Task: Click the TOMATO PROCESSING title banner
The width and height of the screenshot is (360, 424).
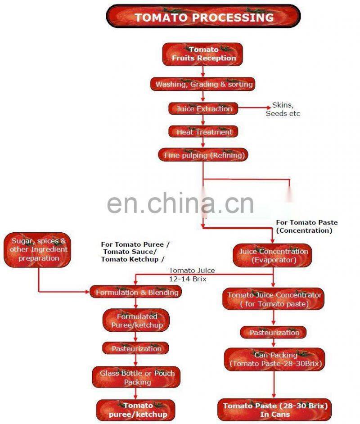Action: point(203,17)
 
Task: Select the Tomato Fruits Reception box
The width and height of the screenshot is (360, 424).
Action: point(203,54)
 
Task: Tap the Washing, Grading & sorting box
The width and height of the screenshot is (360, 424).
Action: point(203,84)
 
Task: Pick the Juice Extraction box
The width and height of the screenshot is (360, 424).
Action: point(203,108)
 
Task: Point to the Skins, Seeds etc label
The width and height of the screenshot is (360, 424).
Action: point(283,109)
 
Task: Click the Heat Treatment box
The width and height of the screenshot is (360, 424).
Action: point(203,132)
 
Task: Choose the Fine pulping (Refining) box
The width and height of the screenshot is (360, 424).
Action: point(203,155)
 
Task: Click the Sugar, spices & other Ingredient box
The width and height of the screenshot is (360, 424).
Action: point(39,250)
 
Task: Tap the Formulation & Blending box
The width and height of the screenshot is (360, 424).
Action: point(136,292)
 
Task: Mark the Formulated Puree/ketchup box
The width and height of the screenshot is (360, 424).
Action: point(136,320)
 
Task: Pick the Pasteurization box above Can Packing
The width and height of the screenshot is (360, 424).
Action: point(274,333)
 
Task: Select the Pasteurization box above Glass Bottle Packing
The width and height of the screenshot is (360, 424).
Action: point(136,348)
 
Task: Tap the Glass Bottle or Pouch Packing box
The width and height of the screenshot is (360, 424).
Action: point(137,377)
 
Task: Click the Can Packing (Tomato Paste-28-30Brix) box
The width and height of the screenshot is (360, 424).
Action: point(274,359)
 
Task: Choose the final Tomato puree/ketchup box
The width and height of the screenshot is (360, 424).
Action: point(137,410)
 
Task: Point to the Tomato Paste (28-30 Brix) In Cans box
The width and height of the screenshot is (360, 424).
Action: point(274,410)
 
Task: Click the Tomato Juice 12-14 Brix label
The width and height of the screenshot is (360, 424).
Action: point(192,274)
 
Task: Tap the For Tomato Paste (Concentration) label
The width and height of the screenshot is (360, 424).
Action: point(306,226)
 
